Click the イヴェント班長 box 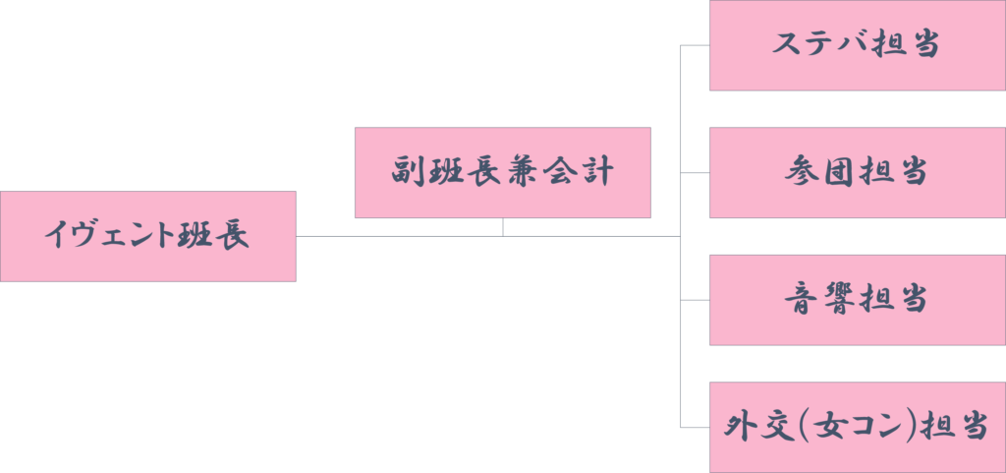(148, 236)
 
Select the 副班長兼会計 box (503, 173)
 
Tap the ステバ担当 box (858, 45)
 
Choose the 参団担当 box (858, 173)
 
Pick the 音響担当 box (858, 300)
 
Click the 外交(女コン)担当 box (858, 428)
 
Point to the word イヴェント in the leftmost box (110, 236)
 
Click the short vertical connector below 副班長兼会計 (503, 227)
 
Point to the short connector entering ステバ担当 (695, 45)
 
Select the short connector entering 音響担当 (695, 300)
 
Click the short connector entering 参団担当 (695, 173)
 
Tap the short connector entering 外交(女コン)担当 (695, 428)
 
